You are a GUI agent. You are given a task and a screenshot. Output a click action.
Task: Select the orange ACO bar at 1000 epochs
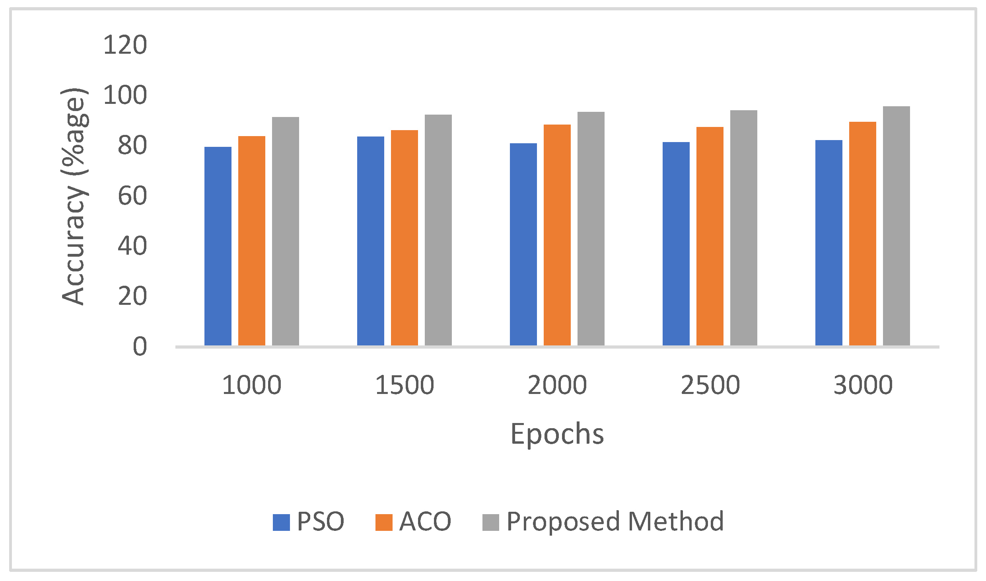(x=251, y=241)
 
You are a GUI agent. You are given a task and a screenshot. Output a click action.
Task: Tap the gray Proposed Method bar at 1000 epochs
(x=285, y=231)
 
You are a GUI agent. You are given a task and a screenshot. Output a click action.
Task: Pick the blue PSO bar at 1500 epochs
(x=370, y=241)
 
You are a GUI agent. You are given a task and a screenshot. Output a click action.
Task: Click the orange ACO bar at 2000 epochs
(x=557, y=235)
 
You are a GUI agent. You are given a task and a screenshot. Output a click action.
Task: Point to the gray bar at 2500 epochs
(x=743, y=228)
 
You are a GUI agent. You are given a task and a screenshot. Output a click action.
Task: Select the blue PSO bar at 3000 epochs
(x=828, y=243)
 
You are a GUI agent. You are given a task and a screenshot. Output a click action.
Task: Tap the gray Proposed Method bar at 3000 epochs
(x=896, y=226)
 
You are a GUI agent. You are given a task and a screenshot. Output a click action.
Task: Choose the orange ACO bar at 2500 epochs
(x=710, y=236)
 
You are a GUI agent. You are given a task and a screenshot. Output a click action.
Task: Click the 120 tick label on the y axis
(x=125, y=45)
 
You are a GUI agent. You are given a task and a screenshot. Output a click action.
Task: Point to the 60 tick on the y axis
(x=132, y=196)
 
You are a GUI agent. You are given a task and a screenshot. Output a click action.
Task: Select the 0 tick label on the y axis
(x=140, y=347)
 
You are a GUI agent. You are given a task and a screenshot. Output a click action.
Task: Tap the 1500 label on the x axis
(x=405, y=385)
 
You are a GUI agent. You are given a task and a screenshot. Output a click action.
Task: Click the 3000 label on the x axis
(x=863, y=385)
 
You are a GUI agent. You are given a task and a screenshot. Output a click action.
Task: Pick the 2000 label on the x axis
(x=557, y=385)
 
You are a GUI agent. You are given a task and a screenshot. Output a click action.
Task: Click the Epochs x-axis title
(x=557, y=434)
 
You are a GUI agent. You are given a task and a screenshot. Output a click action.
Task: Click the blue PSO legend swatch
(x=281, y=522)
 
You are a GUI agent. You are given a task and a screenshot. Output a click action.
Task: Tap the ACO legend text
(x=425, y=521)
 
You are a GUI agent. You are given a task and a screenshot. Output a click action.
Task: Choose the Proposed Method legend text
(x=615, y=521)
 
